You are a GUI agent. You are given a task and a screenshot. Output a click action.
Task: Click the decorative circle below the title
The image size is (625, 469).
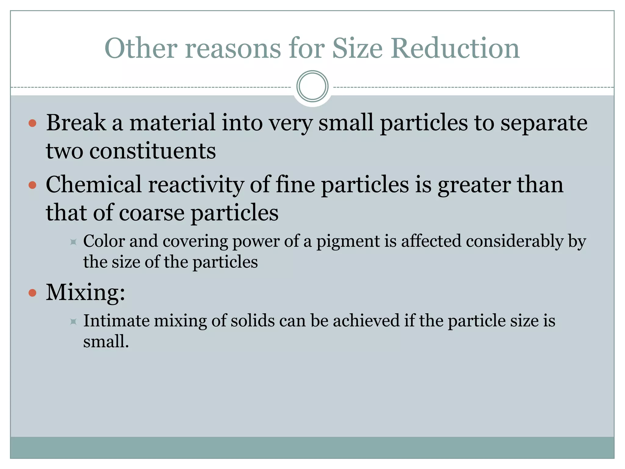(x=312, y=86)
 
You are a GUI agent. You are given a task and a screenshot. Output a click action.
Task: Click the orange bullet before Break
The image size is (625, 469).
(x=32, y=123)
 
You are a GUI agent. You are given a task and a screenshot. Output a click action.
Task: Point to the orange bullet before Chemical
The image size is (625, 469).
(x=32, y=185)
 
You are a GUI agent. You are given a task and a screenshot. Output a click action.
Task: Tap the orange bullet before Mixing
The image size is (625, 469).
(x=32, y=293)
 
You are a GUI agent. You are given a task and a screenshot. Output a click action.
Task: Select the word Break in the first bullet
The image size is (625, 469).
(x=76, y=123)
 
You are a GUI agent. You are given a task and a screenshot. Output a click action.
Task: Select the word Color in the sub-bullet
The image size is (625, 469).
(x=104, y=241)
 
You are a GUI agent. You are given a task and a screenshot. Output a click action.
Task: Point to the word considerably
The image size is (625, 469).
(x=515, y=241)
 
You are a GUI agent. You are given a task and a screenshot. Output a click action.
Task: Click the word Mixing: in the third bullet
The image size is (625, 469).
(x=85, y=292)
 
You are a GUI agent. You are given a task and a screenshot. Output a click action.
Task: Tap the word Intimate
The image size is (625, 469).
(x=116, y=321)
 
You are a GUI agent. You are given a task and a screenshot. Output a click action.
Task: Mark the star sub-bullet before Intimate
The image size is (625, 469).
(x=73, y=321)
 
